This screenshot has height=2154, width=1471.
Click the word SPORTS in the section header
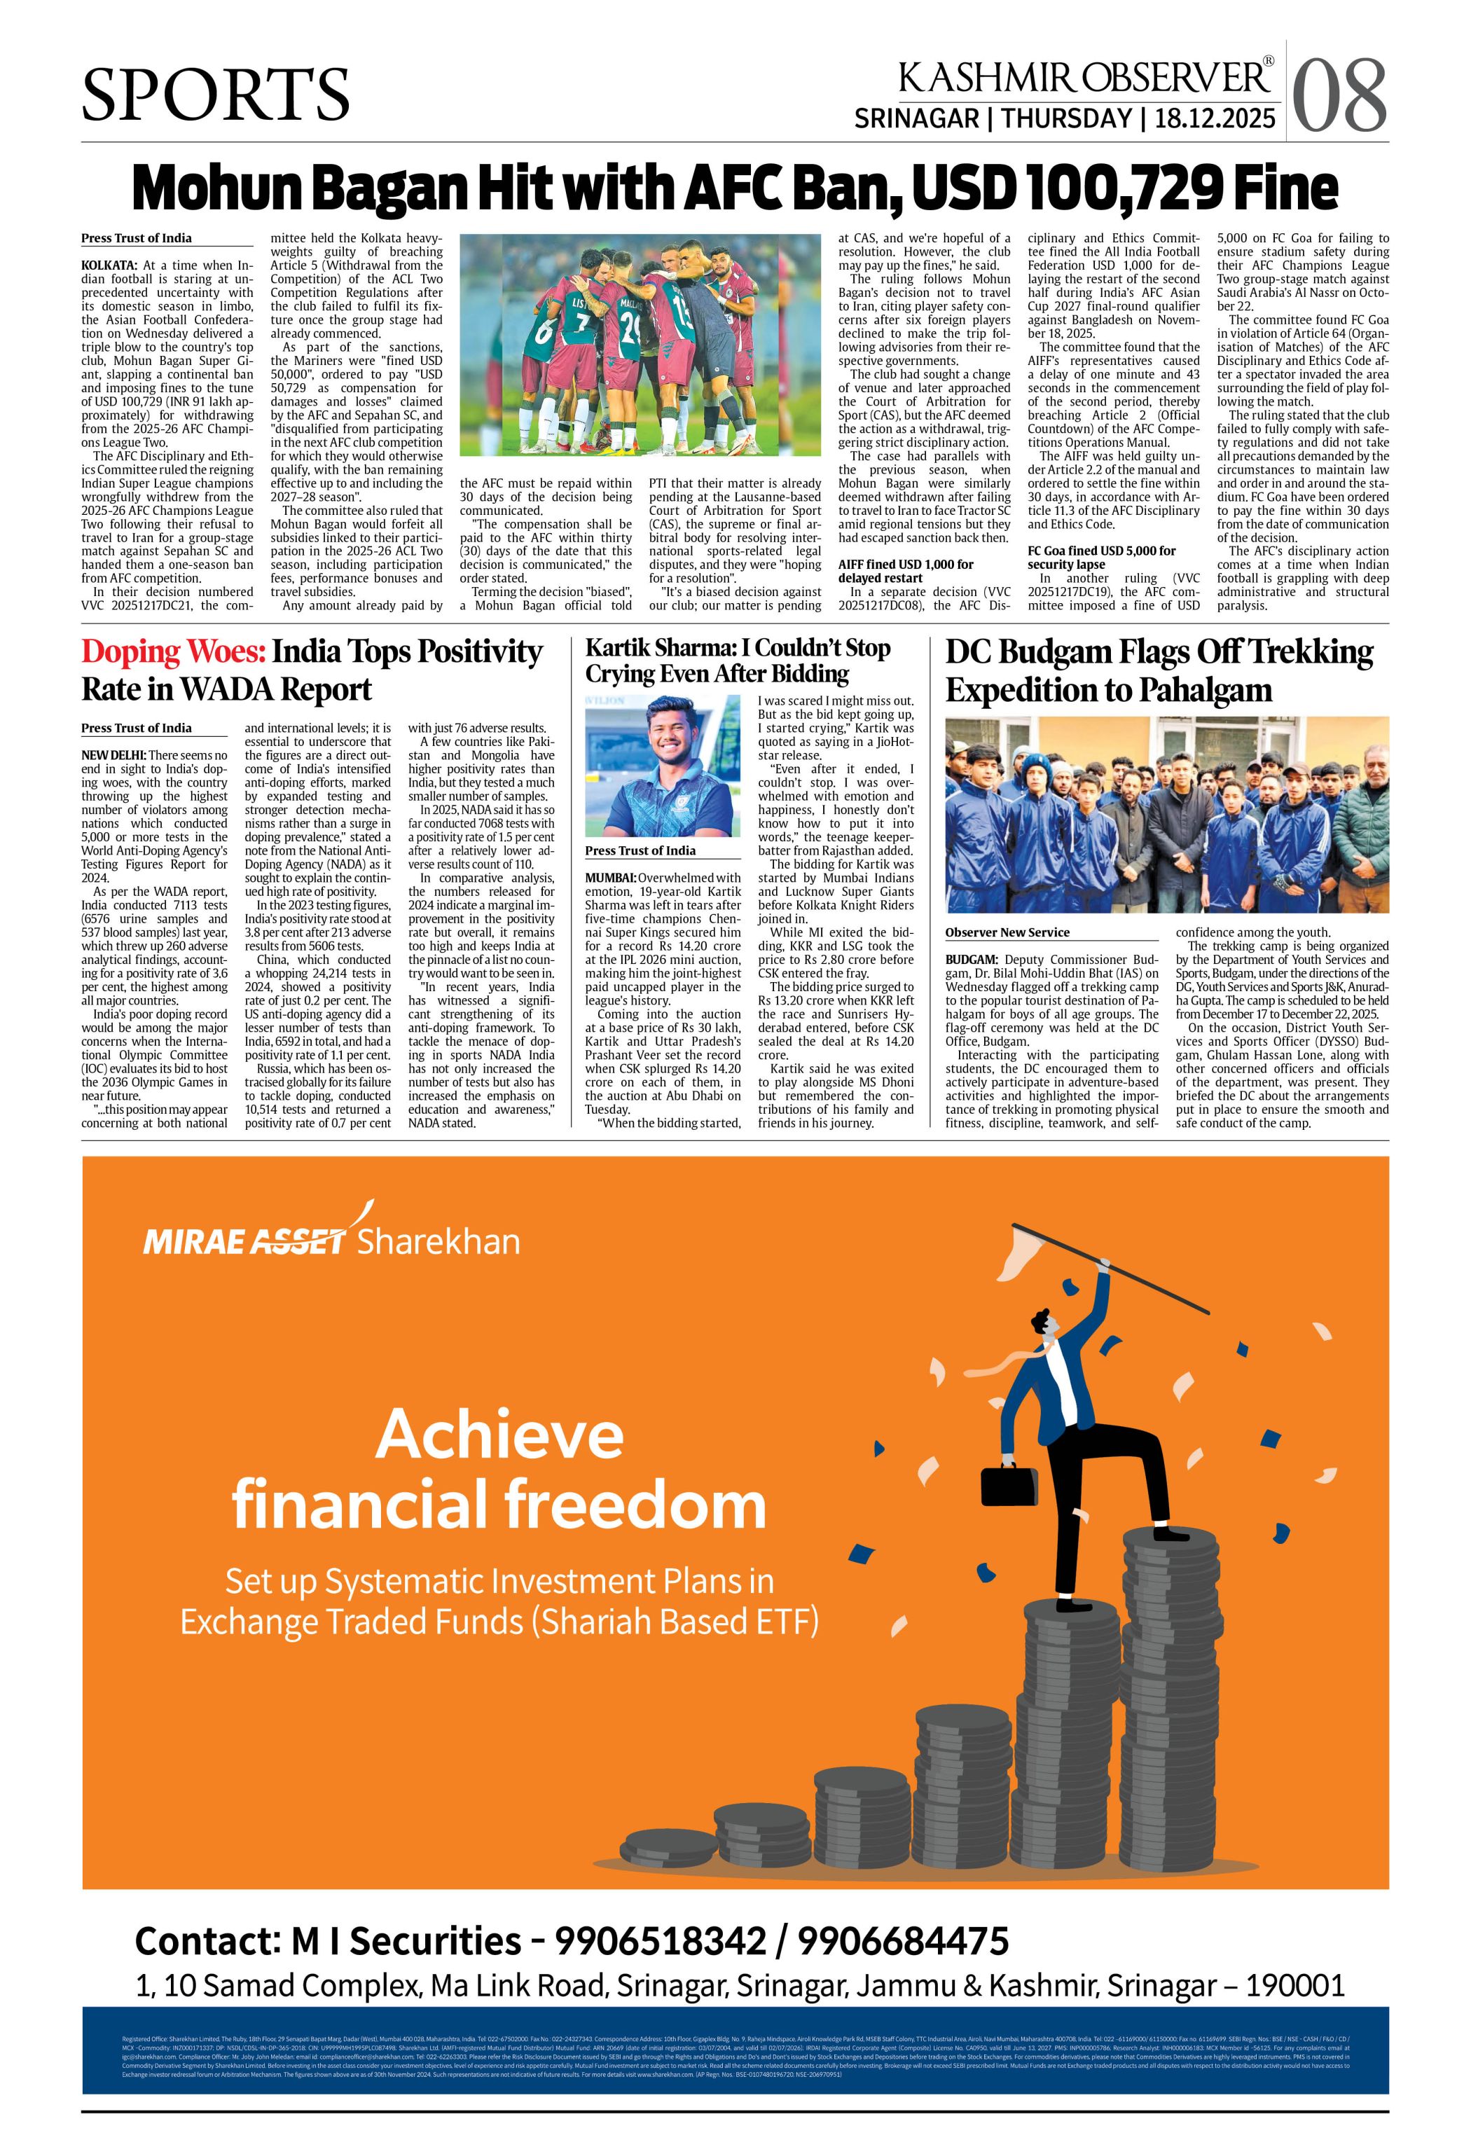(216, 95)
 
